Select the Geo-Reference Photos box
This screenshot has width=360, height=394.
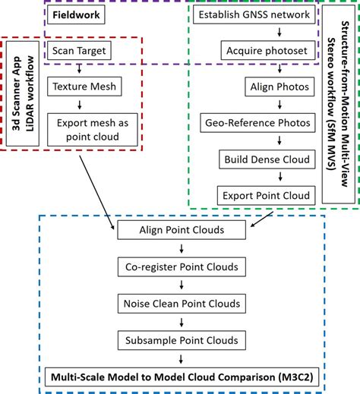tap(257, 123)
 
